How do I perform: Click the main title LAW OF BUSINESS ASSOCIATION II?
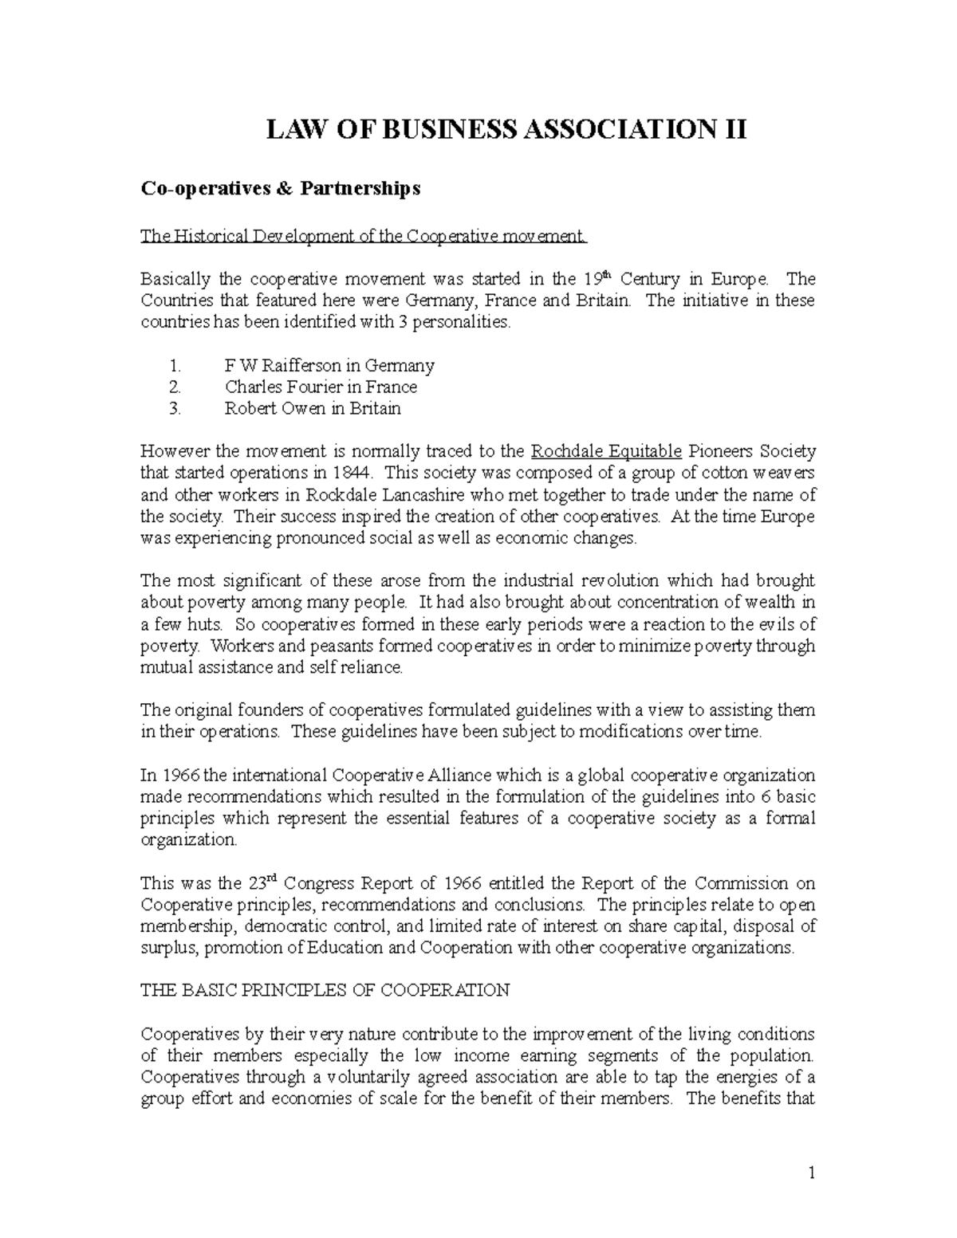click(506, 129)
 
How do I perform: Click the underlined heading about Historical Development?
click(363, 236)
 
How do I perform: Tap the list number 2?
click(175, 387)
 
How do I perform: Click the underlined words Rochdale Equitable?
click(605, 452)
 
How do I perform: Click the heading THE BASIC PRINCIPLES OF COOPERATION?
click(325, 991)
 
